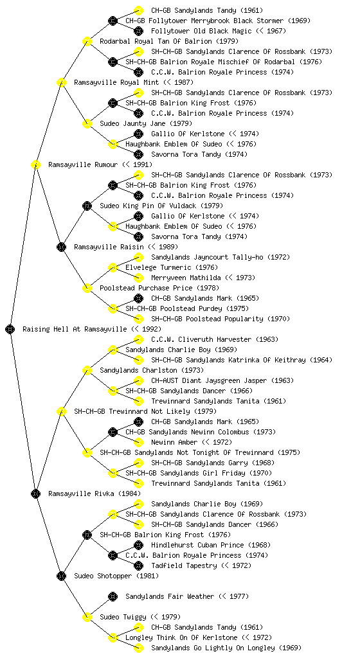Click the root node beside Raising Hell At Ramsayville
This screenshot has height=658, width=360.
click(x=10, y=329)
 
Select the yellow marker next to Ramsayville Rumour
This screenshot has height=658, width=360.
click(x=35, y=164)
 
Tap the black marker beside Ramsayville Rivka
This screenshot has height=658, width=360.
click(x=35, y=493)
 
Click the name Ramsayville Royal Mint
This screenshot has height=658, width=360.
click(x=116, y=82)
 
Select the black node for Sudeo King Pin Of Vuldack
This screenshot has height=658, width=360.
click(x=87, y=206)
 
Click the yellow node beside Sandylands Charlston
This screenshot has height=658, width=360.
click(x=87, y=370)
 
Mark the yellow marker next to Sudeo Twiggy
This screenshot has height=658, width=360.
click(x=87, y=617)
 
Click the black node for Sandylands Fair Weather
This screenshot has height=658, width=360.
click(x=113, y=596)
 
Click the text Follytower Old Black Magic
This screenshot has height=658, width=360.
click(x=201, y=31)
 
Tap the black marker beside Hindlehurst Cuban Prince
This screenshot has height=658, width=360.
click(x=138, y=545)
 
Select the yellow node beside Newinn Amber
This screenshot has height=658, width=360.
click(x=138, y=442)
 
